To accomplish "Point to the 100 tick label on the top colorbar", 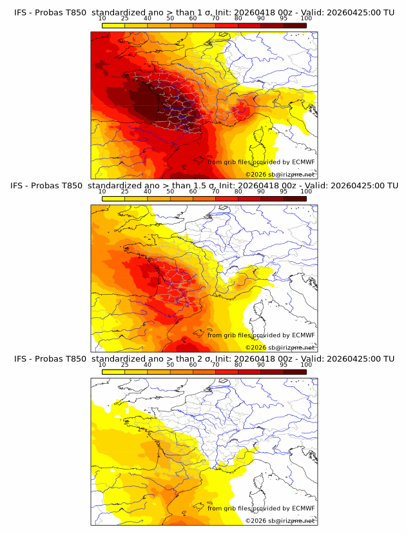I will pos(306,19).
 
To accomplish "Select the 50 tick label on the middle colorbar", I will pos(170,191).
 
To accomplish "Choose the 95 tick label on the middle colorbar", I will pos(284,191).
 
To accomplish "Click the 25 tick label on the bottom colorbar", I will pos(124,364).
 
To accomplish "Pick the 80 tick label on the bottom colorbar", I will pos(238,364).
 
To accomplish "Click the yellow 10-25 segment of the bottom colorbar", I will pos(113,371).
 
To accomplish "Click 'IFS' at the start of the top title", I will pos(20,13).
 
